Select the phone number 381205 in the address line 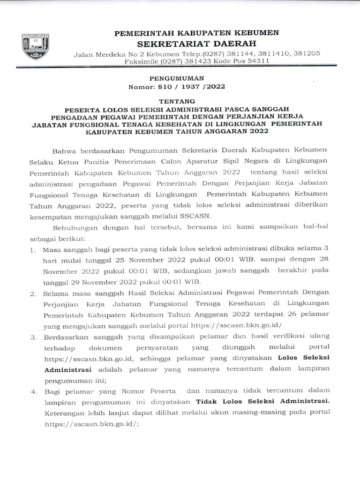[306, 53]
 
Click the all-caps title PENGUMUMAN [177, 78]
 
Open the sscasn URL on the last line [91, 423]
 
